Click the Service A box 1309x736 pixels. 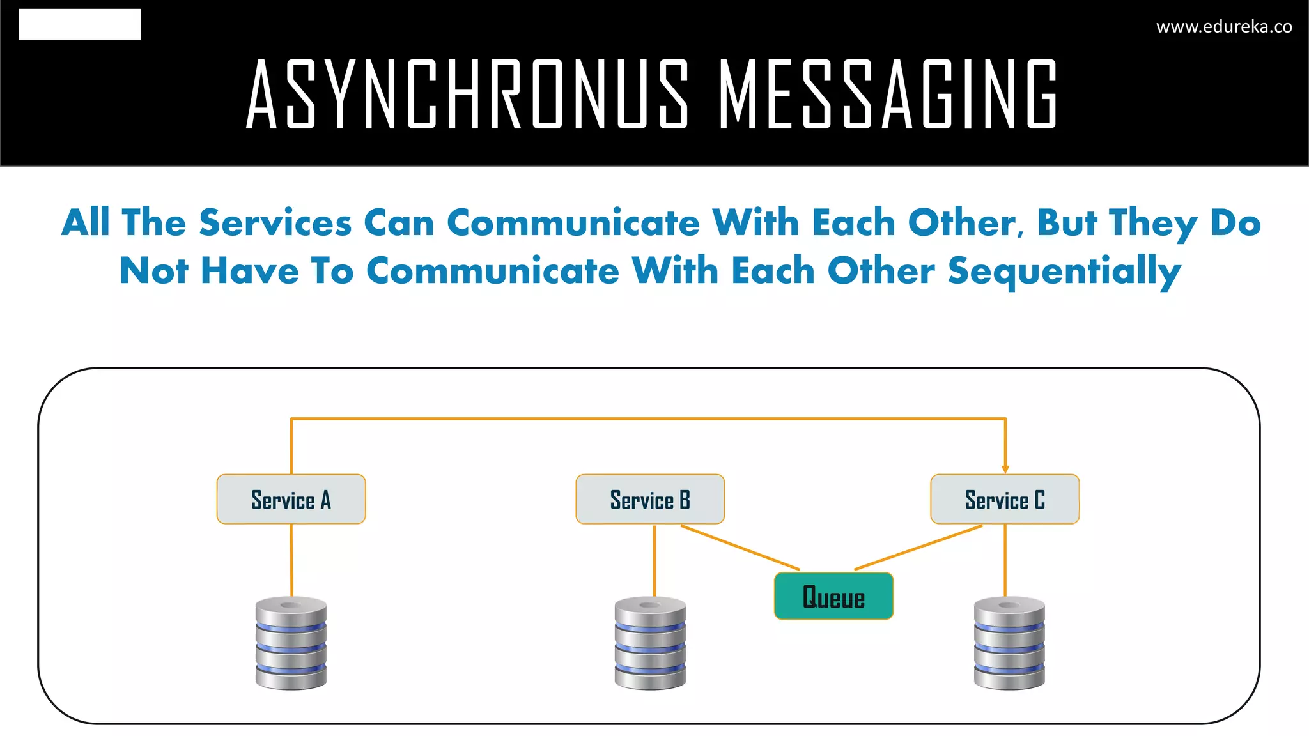(291, 499)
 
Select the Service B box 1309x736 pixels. (650, 499)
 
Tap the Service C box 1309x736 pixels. (1005, 499)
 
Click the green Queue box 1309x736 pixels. (833, 596)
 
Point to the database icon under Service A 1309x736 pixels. (291, 643)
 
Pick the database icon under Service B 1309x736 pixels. (650, 643)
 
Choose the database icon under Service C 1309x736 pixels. (1009, 643)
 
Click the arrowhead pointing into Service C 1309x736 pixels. (1005, 469)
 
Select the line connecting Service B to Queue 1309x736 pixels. (740, 548)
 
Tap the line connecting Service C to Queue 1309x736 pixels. (918, 548)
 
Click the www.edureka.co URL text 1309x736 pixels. (1224, 27)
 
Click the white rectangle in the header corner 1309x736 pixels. (80, 24)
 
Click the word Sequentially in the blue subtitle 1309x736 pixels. (1064, 271)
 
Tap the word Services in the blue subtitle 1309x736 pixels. (275, 223)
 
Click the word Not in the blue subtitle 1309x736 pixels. (154, 271)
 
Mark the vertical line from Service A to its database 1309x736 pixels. (291, 560)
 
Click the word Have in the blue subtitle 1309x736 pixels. (250, 271)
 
